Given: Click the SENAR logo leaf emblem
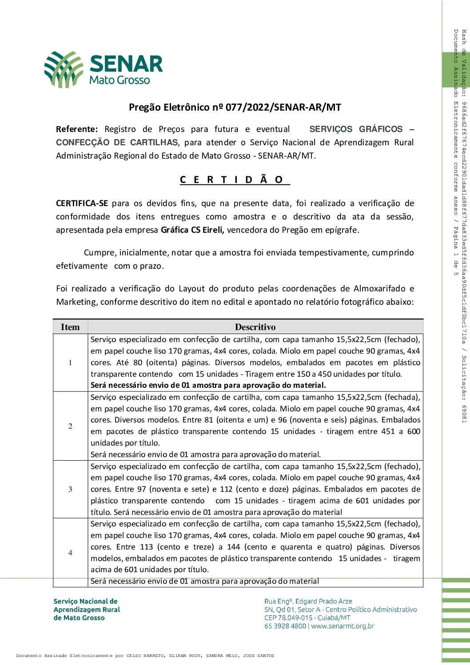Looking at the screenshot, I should pyautogui.click(x=64, y=69).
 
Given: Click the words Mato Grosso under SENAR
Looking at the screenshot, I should pyautogui.click(x=119, y=80).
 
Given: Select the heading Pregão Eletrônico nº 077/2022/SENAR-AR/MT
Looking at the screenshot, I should pyautogui.click(x=235, y=107).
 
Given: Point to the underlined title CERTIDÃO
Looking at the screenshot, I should pyautogui.click(x=235, y=180).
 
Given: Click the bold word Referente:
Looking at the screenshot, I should pyautogui.click(x=76, y=129).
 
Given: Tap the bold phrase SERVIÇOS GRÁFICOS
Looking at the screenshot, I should pyautogui.click(x=356, y=129).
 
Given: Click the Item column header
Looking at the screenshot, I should pyautogui.click(x=70, y=327).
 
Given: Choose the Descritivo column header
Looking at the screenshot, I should pyautogui.click(x=255, y=327).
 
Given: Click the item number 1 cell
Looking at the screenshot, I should pyautogui.click(x=70, y=362).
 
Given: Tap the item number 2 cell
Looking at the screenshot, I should pyautogui.click(x=70, y=426).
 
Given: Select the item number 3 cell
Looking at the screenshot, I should pyautogui.click(x=70, y=489).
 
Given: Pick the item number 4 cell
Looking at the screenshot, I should pyautogui.click(x=70, y=553).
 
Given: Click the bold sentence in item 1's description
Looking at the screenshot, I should pyautogui.click(x=208, y=385).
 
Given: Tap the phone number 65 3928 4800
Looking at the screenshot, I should pyautogui.click(x=285, y=626).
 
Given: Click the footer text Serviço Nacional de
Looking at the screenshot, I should pyautogui.click(x=85, y=601).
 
